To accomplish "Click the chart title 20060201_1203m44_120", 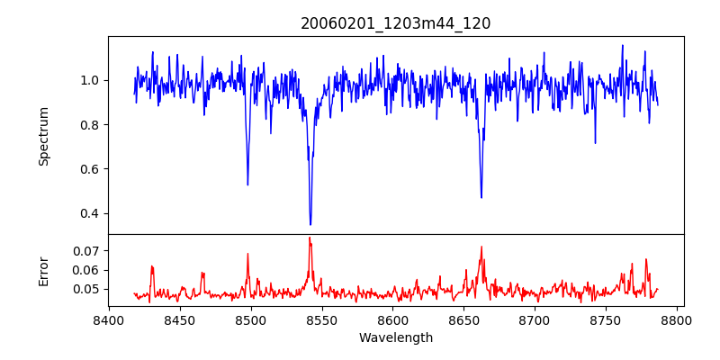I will (395, 23).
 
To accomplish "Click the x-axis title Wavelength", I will (395, 338).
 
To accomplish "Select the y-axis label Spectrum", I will (44, 136).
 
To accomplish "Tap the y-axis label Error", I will (44, 270).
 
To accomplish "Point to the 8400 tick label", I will (109, 319).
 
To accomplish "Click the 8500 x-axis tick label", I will (250, 319).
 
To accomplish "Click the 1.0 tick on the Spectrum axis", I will (88, 80).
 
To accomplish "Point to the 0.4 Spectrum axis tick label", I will (88, 213).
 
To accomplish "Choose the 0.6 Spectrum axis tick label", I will (88, 169).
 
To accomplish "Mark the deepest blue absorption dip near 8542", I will (310, 224).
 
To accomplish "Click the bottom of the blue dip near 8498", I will (247, 184).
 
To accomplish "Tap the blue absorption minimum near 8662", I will (481, 197).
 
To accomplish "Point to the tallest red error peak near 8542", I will (310, 238).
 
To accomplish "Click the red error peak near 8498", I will (247, 254).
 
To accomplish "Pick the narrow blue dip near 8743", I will (595, 142).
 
